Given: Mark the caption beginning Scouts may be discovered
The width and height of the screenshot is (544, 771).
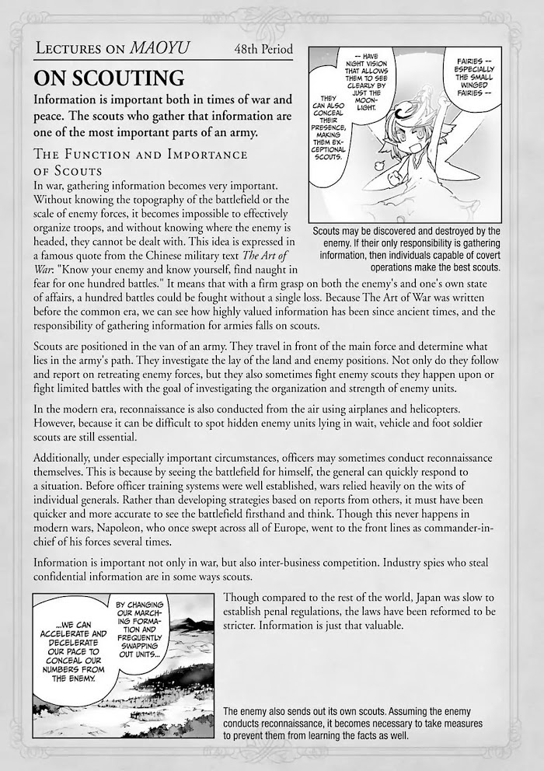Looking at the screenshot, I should pos(406,249).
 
